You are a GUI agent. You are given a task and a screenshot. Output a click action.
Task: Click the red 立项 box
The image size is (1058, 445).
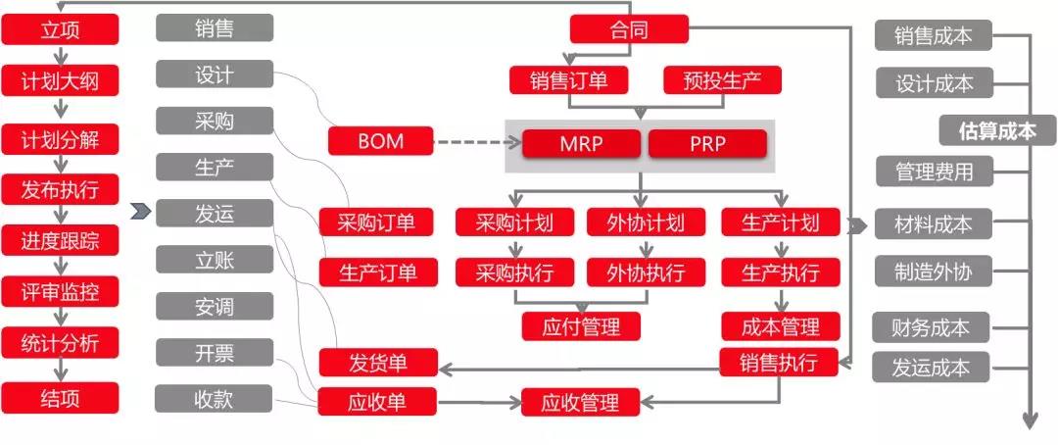point(60,30)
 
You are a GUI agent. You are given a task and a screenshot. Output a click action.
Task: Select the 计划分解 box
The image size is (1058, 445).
point(60,140)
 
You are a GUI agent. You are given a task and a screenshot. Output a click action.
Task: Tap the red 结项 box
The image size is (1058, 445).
point(60,398)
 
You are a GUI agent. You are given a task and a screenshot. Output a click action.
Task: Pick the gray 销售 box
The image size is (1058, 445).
point(215,27)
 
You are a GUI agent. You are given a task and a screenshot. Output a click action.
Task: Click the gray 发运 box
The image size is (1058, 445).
point(215,214)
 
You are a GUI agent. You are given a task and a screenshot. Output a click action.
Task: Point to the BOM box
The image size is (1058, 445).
point(381,141)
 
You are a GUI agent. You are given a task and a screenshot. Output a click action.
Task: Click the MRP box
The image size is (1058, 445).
point(581,144)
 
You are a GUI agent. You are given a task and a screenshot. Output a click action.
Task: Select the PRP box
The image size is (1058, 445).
point(708,144)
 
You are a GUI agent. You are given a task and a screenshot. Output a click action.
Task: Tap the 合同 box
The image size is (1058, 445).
point(629,29)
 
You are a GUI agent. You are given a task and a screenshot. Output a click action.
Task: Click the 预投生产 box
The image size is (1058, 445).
point(723,80)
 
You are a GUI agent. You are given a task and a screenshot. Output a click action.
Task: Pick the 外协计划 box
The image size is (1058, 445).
point(646,222)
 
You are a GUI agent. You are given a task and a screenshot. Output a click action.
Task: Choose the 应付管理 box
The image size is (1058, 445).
point(581,326)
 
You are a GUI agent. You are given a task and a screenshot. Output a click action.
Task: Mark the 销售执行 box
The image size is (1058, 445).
point(779,363)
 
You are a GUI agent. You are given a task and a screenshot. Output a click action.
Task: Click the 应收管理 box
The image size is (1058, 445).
point(581,403)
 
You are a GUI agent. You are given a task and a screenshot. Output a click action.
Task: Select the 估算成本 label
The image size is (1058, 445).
point(997,130)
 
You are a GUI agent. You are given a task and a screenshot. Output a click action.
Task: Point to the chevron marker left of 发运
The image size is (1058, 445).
point(140,212)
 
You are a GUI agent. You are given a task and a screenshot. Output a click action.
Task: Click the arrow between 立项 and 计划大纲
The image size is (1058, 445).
point(60,55)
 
